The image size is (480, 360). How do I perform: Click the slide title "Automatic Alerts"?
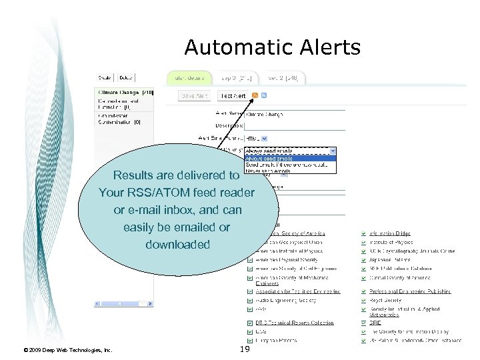[272, 47]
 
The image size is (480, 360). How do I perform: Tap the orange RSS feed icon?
[255, 95]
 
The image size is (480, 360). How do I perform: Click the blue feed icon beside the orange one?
[264, 95]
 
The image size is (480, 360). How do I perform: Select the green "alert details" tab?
[189, 78]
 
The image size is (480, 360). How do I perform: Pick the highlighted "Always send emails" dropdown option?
[269, 159]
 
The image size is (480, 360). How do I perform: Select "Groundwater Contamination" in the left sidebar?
[115, 118]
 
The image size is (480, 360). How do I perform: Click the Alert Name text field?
[293, 114]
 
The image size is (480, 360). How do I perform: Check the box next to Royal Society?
[363, 300]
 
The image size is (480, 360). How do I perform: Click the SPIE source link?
[376, 323]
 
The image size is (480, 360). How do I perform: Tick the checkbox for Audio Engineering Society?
[250, 300]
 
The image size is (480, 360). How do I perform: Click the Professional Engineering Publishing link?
[410, 291]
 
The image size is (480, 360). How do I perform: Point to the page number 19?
[243, 349]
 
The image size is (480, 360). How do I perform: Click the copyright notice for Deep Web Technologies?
[67, 349]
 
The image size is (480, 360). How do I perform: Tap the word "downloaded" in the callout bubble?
[177, 245]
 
